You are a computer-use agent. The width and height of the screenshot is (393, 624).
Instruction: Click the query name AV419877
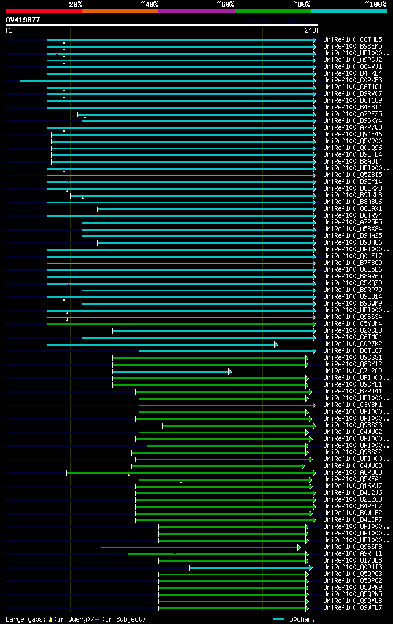pyautogui.click(x=23, y=20)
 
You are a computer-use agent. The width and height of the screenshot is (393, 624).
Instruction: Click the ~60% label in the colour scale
pyautogui.click(x=225, y=4)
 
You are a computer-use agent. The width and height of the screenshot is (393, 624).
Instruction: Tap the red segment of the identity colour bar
pyautogui.click(x=44, y=10)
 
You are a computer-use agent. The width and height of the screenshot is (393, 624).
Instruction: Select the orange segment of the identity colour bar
pyautogui.click(x=120, y=10)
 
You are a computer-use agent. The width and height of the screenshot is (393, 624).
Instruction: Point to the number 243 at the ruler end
pyautogui.click(x=310, y=30)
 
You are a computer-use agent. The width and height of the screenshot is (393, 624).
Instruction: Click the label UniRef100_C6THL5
pyautogui.click(x=352, y=39)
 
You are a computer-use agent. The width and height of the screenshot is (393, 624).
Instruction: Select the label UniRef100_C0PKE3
pyautogui.click(x=352, y=80)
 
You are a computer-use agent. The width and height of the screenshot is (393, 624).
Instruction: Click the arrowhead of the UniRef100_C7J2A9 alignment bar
pyautogui.click(x=230, y=371)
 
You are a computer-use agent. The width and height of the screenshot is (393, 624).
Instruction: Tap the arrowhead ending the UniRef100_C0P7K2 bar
pyautogui.click(x=276, y=344)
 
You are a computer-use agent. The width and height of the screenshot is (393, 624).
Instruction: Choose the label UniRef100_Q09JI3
pyautogui.click(x=352, y=567)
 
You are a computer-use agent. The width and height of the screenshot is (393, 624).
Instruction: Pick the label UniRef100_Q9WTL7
pyautogui.click(x=352, y=608)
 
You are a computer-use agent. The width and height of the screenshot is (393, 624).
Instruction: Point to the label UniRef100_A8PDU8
pyautogui.click(x=352, y=473)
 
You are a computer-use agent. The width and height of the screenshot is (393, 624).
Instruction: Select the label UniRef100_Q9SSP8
pyautogui.click(x=352, y=547)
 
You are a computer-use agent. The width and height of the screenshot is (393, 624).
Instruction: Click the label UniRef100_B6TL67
pyautogui.click(x=352, y=351)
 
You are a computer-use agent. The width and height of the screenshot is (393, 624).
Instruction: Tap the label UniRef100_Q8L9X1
pyautogui.click(x=352, y=208)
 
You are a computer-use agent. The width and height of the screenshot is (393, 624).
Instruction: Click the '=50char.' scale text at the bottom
pyautogui.click(x=299, y=619)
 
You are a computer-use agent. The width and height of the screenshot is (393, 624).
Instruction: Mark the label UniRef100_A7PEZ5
pyautogui.click(x=352, y=114)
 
